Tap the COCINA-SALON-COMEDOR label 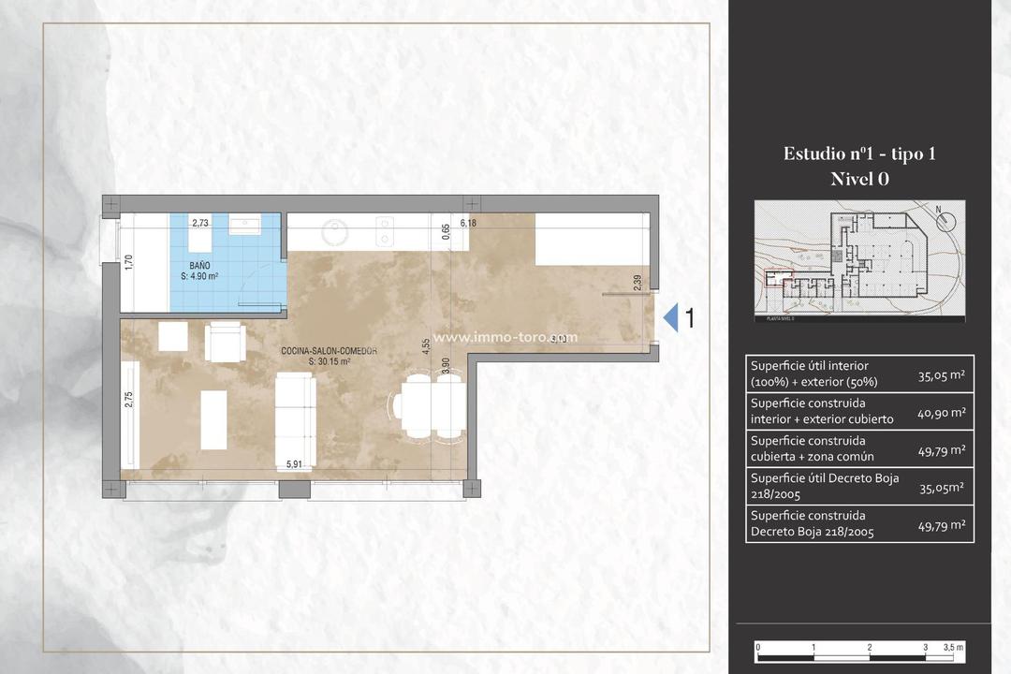329,351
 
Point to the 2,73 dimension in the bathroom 200,224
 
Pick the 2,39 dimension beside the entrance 637,282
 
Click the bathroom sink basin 251,225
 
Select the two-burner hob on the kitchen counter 384,230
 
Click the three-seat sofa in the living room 295,418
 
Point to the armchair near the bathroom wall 226,342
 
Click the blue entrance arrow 670,318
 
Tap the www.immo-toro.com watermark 505,338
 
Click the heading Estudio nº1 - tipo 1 858,154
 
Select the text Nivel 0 858,180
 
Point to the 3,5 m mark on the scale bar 953,648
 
